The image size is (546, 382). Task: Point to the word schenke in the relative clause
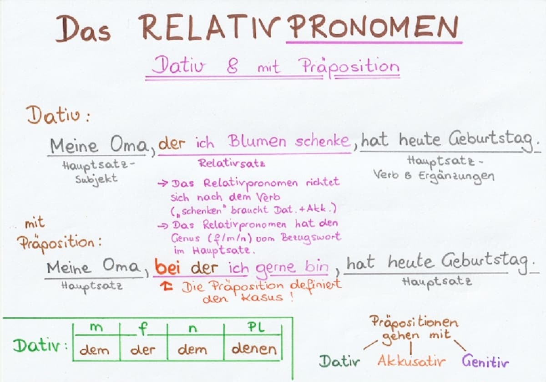click(321, 142)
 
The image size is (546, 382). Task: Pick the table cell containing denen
click(254, 349)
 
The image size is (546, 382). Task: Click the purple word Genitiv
click(485, 362)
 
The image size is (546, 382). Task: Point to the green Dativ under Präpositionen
click(339, 362)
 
